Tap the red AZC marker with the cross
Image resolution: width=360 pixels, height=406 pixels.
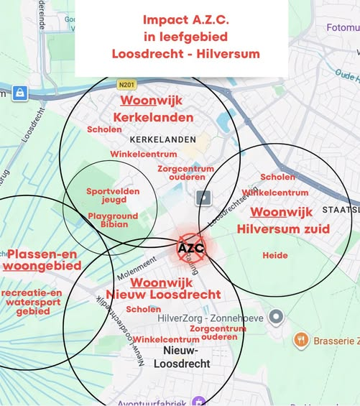[x=190, y=249]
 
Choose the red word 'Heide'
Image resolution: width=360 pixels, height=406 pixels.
[x=274, y=255]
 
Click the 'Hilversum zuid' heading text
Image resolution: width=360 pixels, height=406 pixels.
[x=283, y=229]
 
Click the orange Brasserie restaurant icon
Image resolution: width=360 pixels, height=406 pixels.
[x=301, y=340]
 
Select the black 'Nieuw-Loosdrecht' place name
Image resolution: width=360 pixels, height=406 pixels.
[x=187, y=357]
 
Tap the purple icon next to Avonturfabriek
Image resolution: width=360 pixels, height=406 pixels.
[x=199, y=401]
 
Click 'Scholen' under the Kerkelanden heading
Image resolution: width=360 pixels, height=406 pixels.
[x=104, y=129]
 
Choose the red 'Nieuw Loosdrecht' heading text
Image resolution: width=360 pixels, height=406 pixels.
[x=163, y=295]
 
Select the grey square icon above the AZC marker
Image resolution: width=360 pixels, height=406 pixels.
[x=204, y=198]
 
